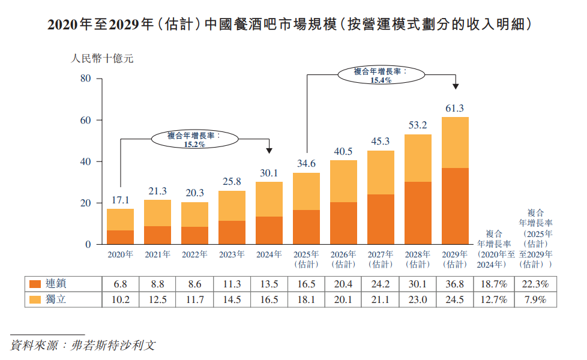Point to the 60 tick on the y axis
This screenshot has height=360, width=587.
pos(85,121)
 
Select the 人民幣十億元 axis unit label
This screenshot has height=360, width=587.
pos(102,59)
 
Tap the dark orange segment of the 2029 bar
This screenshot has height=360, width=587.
pos(455,206)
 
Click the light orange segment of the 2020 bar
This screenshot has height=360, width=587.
pos(120,220)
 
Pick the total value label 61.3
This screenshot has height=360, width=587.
pos(455,109)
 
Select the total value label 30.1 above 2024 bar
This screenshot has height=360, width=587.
pos(269,173)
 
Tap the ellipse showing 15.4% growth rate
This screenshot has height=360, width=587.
pos(381,75)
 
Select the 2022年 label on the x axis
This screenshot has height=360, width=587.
pos(194,254)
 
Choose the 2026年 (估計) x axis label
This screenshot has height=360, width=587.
pos(343,259)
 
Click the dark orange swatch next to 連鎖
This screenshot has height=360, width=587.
pos(35,284)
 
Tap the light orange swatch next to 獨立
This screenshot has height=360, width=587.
pos(35,299)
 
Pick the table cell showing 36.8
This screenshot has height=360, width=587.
pos(455,284)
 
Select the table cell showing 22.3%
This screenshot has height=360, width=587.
pos(536,284)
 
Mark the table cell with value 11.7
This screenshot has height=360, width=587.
pos(194,299)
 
